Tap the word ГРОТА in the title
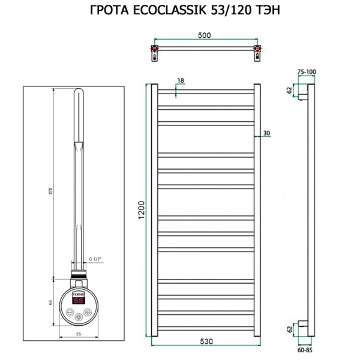[x=107, y=10]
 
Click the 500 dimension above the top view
[x=204, y=35]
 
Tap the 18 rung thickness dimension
[x=180, y=80]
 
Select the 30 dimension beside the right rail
[x=267, y=133]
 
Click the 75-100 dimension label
[x=307, y=71]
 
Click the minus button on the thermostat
[x=71, y=313]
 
